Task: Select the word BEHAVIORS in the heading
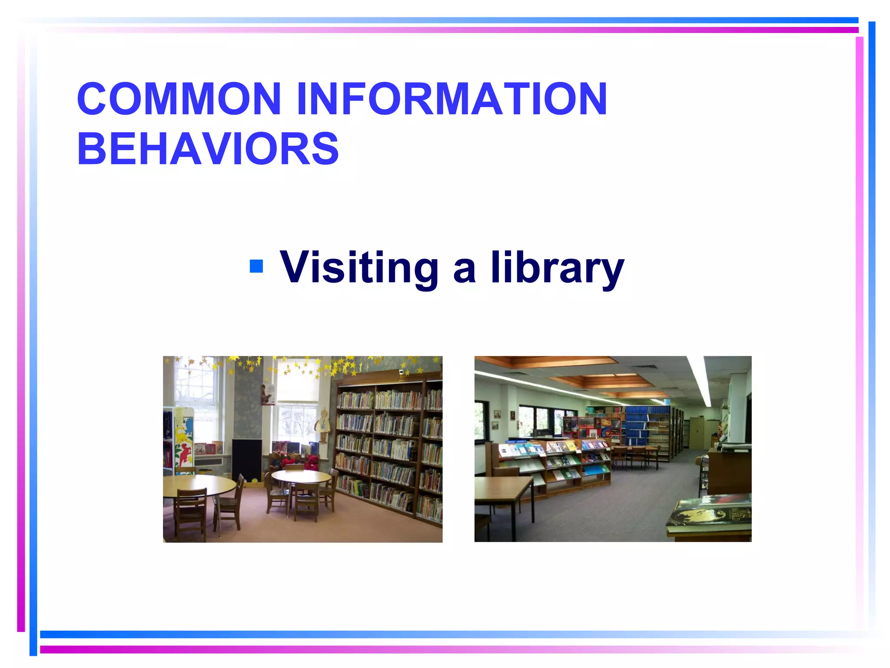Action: tap(208, 149)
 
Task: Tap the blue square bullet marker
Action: tap(256, 266)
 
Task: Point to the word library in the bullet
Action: tap(558, 268)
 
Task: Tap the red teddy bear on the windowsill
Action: tap(312, 462)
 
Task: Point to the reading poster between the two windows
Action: tap(268, 395)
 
